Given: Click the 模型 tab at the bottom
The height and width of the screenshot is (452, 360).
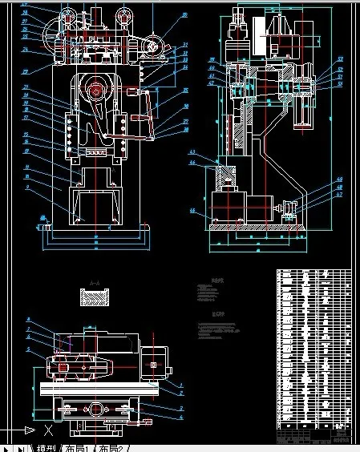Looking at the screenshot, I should (47, 446).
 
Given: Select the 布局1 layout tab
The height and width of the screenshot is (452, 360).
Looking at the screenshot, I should (79, 446).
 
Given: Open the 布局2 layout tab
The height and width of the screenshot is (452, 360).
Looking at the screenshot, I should (112, 446).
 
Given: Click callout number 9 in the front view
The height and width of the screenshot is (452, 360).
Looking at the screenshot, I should (27, 186).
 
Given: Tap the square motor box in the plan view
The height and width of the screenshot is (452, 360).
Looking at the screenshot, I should (155, 367).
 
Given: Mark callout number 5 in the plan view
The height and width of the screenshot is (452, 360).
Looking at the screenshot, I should (28, 350).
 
